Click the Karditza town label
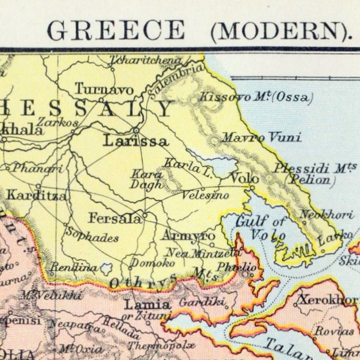click(x=37, y=195)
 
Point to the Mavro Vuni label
click(x=252, y=138)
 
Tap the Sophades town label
click(x=92, y=236)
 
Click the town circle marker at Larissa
click(x=137, y=130)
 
